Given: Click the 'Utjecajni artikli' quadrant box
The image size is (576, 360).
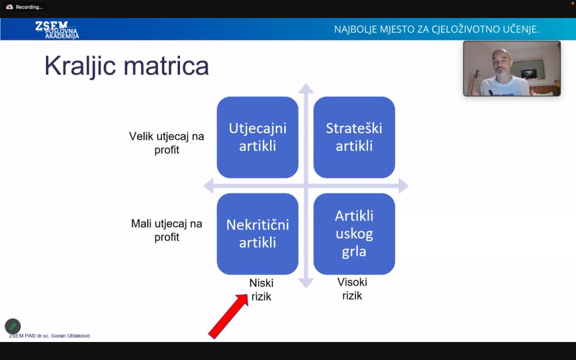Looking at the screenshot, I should (257, 137).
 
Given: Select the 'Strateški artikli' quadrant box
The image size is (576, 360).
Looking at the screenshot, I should (354, 137).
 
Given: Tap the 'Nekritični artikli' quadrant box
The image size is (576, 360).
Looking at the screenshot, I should (257, 233).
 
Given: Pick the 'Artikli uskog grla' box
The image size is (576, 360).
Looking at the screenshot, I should (354, 233).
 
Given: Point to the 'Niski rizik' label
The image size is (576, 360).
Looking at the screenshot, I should (262, 289).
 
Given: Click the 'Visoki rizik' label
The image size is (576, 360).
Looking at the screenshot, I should (352, 289).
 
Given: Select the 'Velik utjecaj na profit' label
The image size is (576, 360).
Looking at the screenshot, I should (166, 143).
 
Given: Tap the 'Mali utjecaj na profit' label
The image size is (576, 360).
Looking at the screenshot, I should (166, 230).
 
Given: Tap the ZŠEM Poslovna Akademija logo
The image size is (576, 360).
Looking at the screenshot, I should (57, 29).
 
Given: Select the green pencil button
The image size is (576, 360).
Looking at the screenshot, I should (12, 326).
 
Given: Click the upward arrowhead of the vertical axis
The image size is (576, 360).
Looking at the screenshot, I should (305, 88).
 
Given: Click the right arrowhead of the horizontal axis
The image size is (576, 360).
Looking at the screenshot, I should (402, 186).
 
